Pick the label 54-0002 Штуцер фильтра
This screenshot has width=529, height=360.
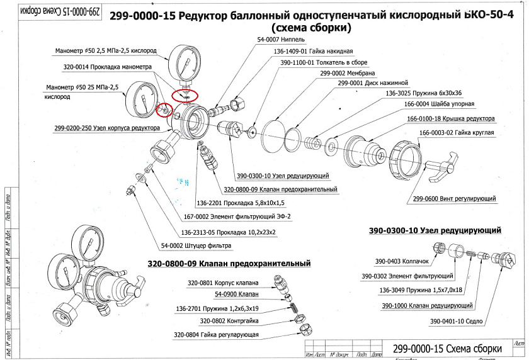click(196, 245)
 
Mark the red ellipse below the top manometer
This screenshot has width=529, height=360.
click(185, 94)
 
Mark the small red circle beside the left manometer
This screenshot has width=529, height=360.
click(164, 110)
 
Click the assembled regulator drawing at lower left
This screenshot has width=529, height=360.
click(94, 271)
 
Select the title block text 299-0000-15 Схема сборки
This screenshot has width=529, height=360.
click(447, 348)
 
